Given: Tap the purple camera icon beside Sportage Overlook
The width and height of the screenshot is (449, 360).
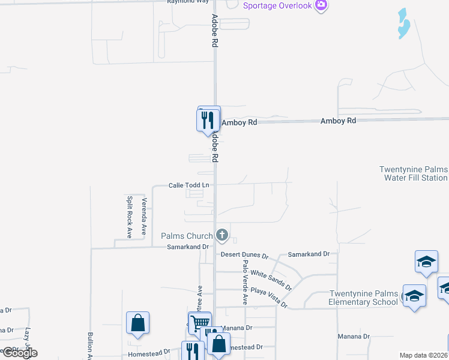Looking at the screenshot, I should pos(321,5).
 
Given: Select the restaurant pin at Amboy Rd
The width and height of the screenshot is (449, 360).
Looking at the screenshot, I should pos(207,119).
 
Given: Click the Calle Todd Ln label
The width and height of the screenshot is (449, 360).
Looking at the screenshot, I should pos(188,185).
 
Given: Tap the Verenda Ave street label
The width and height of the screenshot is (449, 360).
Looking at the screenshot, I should pos(144,216).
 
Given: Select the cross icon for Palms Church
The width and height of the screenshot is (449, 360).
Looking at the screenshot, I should pos(222,235).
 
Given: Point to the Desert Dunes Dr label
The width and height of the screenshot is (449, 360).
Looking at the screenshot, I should pos(244,254).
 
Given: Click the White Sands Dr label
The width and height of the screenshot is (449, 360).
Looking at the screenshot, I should pos(271,279).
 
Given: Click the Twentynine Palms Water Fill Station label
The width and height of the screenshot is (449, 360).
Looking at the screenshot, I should pos(413,173).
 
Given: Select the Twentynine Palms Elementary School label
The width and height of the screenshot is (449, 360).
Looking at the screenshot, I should pos(363,298).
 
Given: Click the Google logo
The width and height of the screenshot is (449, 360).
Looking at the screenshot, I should pos(20,353).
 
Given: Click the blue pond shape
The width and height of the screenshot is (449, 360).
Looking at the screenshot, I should pos(403,24).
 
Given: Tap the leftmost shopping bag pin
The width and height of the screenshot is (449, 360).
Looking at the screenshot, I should pos(138,323).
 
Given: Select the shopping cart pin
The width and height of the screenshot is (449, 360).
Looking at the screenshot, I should pos(199,322).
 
